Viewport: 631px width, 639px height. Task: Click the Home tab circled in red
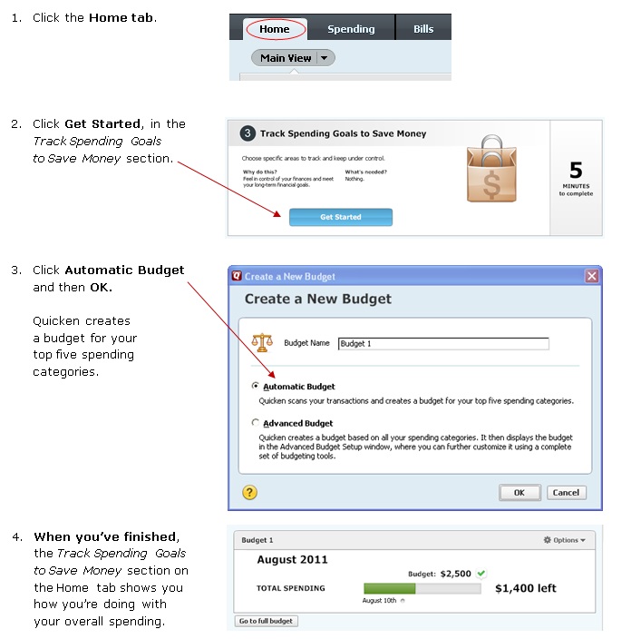275,29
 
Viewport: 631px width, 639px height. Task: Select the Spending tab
351,29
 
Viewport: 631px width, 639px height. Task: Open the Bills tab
423,29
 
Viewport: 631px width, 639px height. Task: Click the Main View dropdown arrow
324,58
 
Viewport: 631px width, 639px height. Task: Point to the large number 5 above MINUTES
576,170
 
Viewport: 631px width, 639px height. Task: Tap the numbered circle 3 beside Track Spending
248,133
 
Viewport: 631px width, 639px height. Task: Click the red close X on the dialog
591,276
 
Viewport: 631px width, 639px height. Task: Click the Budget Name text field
443,343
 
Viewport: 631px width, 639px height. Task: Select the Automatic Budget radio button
256,386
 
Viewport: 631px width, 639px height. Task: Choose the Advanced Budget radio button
256,422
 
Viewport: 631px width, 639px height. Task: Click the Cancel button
566,492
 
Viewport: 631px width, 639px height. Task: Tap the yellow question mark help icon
249,492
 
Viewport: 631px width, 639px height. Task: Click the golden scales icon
262,342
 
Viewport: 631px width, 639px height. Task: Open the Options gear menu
564,540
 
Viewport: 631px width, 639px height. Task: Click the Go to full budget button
267,621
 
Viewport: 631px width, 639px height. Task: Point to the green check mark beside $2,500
481,574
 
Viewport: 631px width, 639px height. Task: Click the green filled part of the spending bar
390,588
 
